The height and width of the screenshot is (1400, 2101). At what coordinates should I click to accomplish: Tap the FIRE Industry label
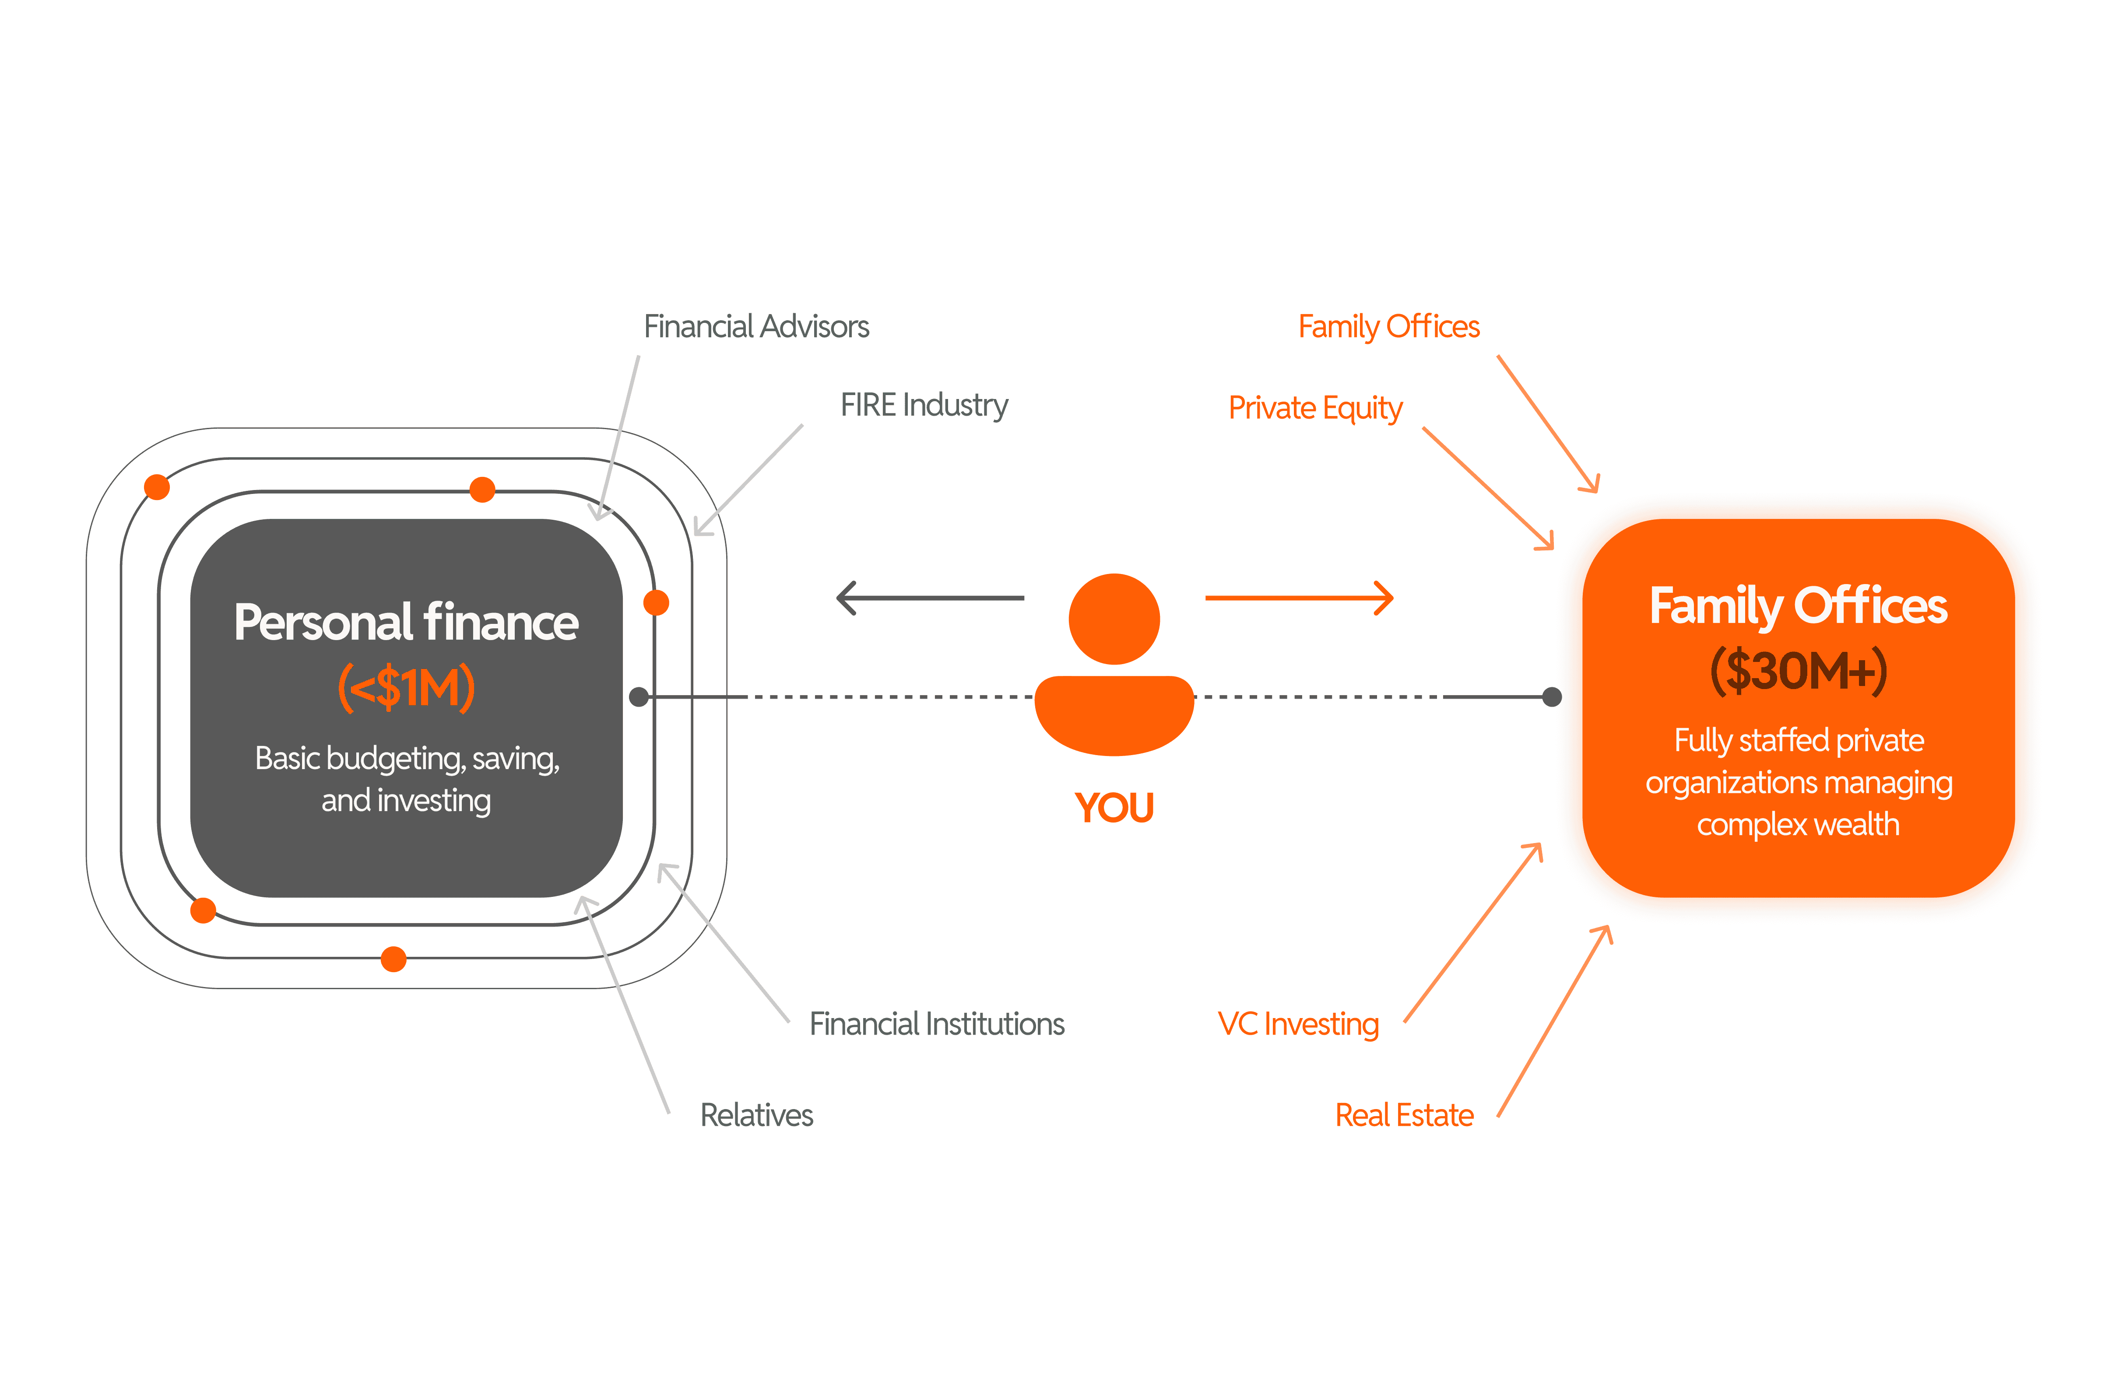(924, 406)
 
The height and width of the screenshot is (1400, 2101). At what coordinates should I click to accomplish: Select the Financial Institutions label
(936, 1024)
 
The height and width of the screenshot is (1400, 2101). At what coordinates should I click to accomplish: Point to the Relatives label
(756, 1115)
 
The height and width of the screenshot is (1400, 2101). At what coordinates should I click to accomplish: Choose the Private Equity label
(1315, 408)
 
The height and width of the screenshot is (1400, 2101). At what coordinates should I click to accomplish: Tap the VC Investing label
(1298, 1024)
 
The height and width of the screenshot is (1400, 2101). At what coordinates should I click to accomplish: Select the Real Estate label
(1403, 1115)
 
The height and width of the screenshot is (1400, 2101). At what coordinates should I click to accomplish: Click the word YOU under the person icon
(1114, 808)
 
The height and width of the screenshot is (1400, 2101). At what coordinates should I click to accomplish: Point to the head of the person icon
(1114, 619)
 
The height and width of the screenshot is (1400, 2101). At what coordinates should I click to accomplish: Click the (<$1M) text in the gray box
(407, 687)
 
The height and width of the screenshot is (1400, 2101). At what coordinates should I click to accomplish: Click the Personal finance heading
(407, 622)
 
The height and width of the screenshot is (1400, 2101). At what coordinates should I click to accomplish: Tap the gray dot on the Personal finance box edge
(639, 696)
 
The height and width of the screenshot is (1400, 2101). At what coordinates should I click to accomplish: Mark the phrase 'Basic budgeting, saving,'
(407, 758)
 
